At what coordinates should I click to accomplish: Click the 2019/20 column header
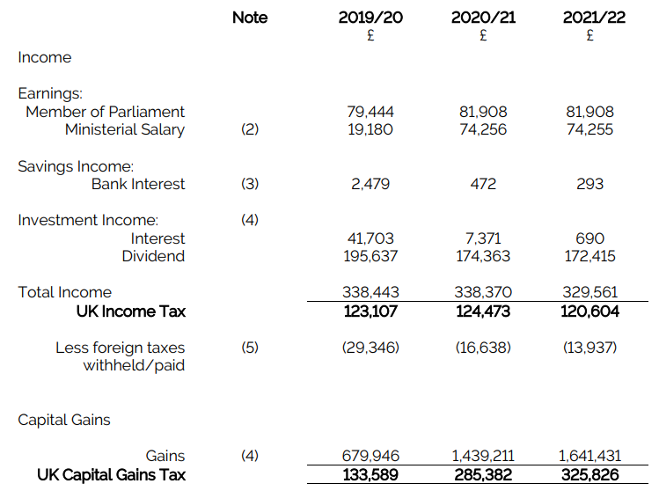point(370,18)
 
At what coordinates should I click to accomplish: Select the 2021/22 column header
point(594,18)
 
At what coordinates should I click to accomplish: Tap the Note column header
point(250,18)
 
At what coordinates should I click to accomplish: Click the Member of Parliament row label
point(105,112)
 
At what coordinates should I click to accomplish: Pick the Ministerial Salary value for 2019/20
point(370,129)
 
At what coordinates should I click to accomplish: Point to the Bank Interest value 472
point(483,184)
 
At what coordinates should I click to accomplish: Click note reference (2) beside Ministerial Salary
point(250,129)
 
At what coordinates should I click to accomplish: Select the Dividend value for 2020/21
point(483,256)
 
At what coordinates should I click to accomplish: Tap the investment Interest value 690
point(589,238)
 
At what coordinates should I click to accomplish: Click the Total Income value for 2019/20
point(370,292)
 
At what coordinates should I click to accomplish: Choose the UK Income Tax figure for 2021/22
point(589,311)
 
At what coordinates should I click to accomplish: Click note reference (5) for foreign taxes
point(250,348)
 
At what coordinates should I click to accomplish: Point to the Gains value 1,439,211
point(483,456)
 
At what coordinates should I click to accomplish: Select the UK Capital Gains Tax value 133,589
point(370,475)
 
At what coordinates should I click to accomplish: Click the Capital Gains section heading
point(64,420)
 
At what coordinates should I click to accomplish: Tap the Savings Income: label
point(76,166)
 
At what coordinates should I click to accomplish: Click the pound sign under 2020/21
point(483,35)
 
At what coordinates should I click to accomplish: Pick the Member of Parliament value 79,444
point(370,112)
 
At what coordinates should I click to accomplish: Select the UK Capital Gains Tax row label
point(112,475)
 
